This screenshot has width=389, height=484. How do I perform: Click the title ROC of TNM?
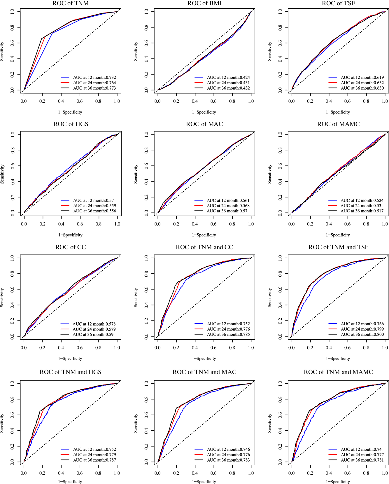[x=71, y=4]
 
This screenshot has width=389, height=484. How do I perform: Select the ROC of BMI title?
[x=204, y=4]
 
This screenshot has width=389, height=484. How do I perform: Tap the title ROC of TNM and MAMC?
[x=338, y=372]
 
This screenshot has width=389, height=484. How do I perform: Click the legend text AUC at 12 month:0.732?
[x=94, y=78]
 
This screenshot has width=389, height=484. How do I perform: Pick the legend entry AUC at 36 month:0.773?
[x=94, y=88]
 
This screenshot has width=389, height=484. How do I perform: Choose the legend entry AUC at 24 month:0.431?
[x=228, y=83]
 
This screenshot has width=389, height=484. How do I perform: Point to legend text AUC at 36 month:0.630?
[x=362, y=88]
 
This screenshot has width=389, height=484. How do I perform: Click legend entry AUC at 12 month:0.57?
[x=93, y=200]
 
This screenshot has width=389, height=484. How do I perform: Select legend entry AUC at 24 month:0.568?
[x=228, y=206]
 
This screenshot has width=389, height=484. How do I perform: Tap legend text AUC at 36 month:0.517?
[x=362, y=211]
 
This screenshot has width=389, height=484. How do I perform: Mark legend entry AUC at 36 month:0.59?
[x=93, y=335]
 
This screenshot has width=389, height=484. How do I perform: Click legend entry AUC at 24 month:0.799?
[x=362, y=329]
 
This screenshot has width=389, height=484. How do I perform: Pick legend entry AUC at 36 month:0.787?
[x=94, y=460]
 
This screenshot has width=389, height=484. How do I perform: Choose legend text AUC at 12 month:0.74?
[x=361, y=450]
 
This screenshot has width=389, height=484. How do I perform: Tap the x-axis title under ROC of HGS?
[x=70, y=235]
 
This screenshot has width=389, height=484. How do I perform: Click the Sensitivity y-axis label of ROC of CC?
[x=2, y=298]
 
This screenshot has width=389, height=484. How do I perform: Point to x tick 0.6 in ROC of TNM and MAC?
[x=213, y=473]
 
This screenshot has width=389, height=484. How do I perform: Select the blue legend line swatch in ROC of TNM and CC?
[x=199, y=324]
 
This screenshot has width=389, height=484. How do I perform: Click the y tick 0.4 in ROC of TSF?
[x=280, y=59]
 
